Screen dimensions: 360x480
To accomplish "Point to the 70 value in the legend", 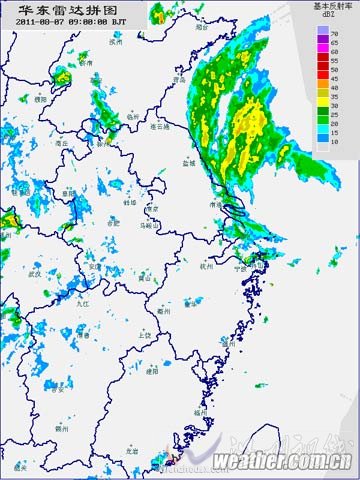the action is click(336, 34).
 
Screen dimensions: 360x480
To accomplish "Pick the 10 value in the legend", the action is click(336, 142).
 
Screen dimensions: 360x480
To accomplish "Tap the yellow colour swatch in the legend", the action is click(321, 97).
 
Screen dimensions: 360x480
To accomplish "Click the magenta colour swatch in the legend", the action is click(321, 43).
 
